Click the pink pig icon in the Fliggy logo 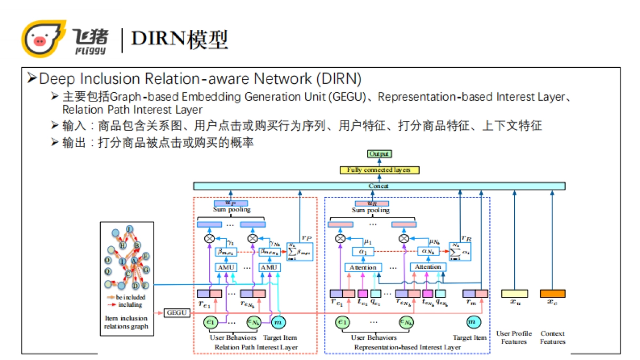[x=39, y=40]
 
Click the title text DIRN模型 [x=180, y=39]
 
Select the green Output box [x=379, y=154]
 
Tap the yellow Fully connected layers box [x=379, y=170]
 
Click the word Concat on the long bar [x=379, y=186]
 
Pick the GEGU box [x=177, y=313]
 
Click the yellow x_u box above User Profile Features [x=514, y=294]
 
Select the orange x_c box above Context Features [x=553, y=294]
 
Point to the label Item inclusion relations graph [x=127, y=322]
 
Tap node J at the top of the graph [x=129, y=229]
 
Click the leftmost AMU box [x=223, y=267]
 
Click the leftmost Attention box [x=363, y=267]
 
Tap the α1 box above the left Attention [x=363, y=251]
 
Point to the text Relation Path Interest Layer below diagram [x=255, y=347]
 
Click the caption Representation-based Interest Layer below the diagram [x=407, y=347]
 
